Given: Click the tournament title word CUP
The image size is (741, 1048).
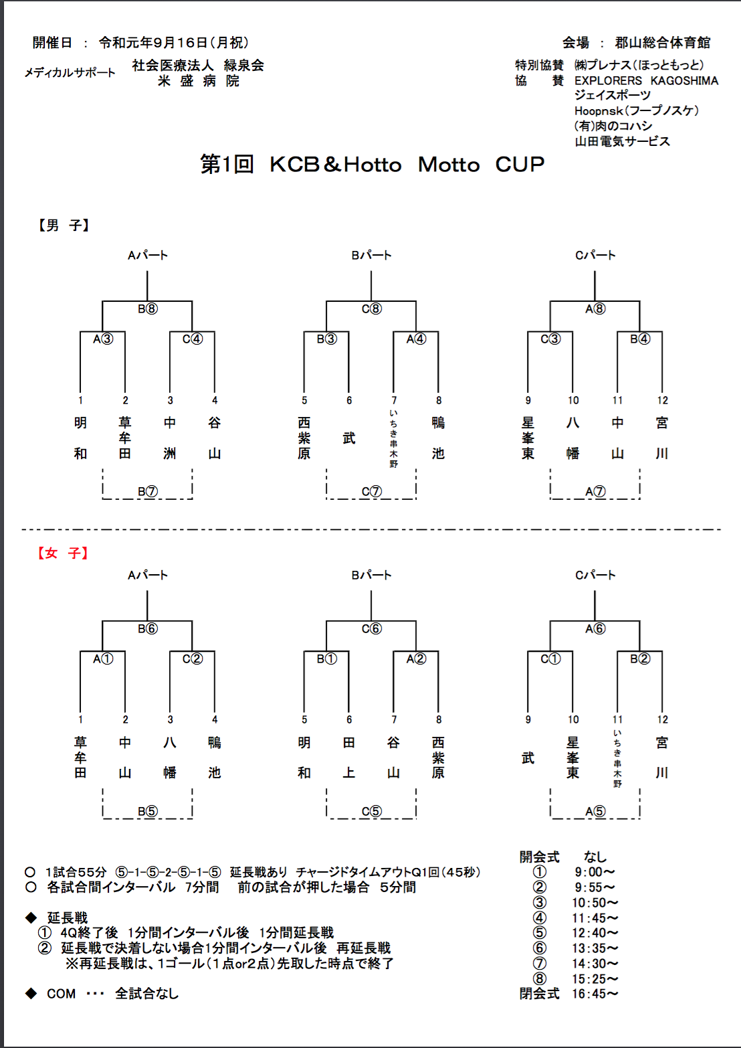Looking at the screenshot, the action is point(520,165).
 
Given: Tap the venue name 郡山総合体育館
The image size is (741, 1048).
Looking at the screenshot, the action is point(663,43).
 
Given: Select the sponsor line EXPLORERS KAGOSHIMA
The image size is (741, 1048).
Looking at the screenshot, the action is point(646,80).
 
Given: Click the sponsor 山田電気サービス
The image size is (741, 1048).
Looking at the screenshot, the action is point(622,141).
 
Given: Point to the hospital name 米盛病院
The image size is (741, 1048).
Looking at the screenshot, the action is point(199,81).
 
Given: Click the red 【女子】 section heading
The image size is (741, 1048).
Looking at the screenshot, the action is point(63,553).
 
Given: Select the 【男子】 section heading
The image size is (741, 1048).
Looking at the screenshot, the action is point(64,226).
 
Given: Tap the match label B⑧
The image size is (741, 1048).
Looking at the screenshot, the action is point(148,309).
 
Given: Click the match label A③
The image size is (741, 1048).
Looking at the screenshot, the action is point(103,339).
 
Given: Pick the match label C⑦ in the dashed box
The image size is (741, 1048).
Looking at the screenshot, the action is point(372,491).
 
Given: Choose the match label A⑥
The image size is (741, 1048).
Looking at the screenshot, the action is point(595,628).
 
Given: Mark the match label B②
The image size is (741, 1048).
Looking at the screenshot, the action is point(640,659).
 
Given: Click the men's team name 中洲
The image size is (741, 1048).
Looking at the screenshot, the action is point(170,438).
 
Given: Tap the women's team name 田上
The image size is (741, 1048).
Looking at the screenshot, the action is point(348,758).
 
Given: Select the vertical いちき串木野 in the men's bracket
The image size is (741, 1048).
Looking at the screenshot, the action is point(394,438).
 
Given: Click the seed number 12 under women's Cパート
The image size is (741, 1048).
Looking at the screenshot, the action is point(663,719).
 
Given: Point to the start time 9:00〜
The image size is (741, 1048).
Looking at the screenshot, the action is point(595,872).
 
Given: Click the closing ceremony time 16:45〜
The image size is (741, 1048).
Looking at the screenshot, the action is point(595,994).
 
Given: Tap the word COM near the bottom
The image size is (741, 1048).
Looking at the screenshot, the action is point(62,994).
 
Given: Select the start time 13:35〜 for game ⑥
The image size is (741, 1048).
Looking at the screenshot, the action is point(595,948).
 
